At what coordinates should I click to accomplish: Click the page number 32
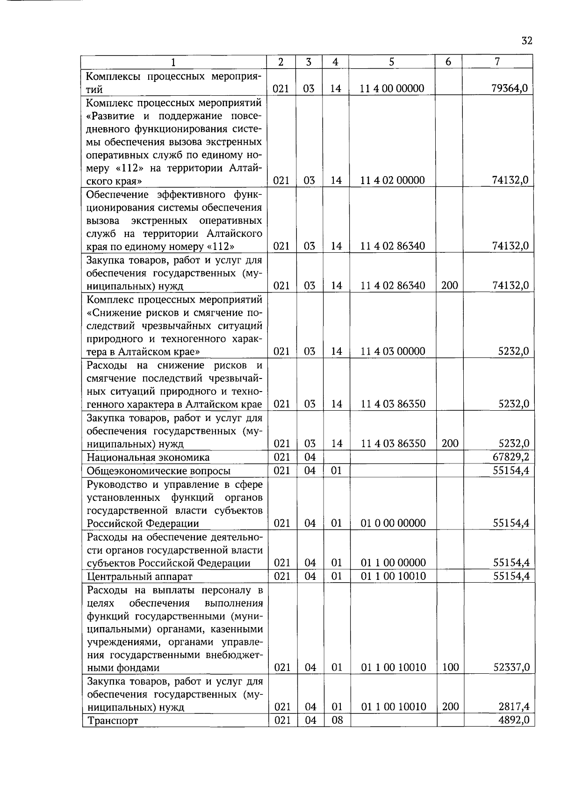526,41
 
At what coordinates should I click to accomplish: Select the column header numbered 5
391,62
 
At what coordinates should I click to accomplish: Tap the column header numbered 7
497,62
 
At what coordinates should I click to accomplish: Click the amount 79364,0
510,88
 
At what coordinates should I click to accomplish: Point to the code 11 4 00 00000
392,88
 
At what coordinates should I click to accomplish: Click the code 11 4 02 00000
392,180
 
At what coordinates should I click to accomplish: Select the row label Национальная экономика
148,457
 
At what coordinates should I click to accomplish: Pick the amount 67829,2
511,457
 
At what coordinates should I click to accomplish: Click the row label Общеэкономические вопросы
158,471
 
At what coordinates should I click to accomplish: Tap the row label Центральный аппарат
139,577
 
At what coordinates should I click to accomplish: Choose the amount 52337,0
511,667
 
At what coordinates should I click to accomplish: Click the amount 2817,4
514,706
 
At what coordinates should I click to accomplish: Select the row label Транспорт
113,721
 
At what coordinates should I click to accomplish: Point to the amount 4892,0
514,720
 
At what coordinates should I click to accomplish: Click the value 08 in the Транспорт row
337,720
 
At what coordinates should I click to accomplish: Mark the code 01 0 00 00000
393,523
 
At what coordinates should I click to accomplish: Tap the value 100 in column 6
450,667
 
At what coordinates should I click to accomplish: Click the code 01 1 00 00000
393,563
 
